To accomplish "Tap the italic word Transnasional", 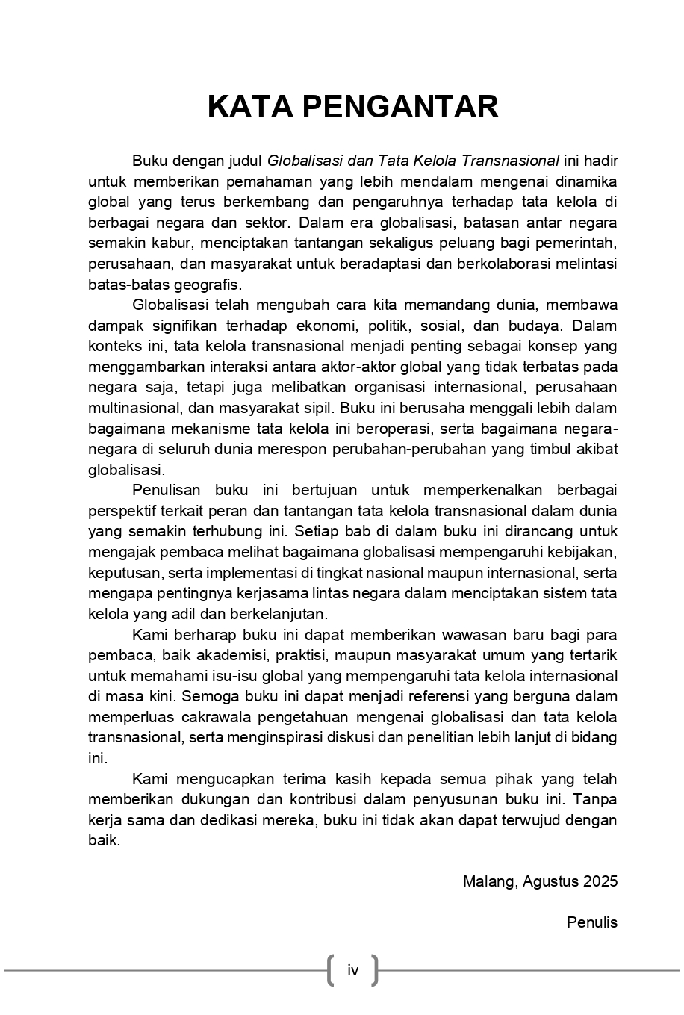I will (511, 161).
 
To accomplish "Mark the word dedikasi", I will (237, 820).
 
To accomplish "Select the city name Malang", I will (489, 881).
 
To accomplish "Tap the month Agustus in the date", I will (551, 881).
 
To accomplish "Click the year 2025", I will (600, 881).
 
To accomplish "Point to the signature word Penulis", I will (592, 922).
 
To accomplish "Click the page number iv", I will (352, 970).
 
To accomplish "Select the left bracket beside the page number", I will (330, 970).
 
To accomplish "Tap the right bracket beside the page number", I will (375, 970).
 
